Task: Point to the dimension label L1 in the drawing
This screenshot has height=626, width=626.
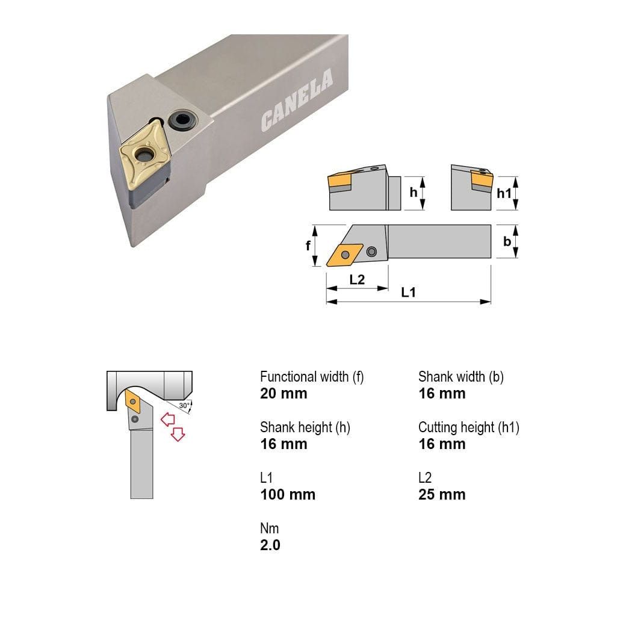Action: pyautogui.click(x=408, y=293)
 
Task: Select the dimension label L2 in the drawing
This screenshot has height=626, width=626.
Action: pyautogui.click(x=356, y=280)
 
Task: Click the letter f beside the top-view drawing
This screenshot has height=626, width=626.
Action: pyautogui.click(x=308, y=246)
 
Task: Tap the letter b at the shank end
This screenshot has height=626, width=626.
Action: pyautogui.click(x=507, y=241)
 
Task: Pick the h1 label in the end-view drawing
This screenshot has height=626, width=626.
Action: pyautogui.click(x=504, y=193)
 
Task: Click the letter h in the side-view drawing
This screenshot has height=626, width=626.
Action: pyautogui.click(x=413, y=193)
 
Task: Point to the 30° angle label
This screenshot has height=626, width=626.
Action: pyautogui.click(x=184, y=405)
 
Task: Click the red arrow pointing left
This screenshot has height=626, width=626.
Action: pyautogui.click(x=167, y=419)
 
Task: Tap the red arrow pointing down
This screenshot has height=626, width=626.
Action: pyautogui.click(x=178, y=434)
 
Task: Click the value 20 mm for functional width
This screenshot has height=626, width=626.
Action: pyautogui.click(x=284, y=394)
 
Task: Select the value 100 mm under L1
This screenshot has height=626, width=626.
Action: pyautogui.click(x=288, y=495)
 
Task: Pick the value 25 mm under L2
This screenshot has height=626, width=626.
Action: pyautogui.click(x=442, y=495)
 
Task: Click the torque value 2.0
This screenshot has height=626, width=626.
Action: pyautogui.click(x=270, y=545)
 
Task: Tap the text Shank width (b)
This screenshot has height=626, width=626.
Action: pyautogui.click(x=461, y=377)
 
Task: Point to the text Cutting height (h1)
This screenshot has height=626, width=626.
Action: pyautogui.click(x=469, y=427)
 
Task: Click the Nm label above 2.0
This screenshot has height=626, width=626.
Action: pyautogui.click(x=270, y=528)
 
